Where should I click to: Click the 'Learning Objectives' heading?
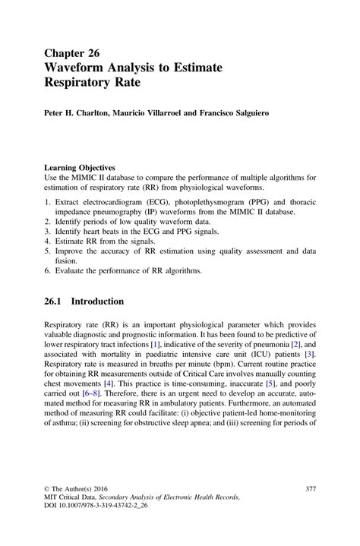(80, 168)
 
